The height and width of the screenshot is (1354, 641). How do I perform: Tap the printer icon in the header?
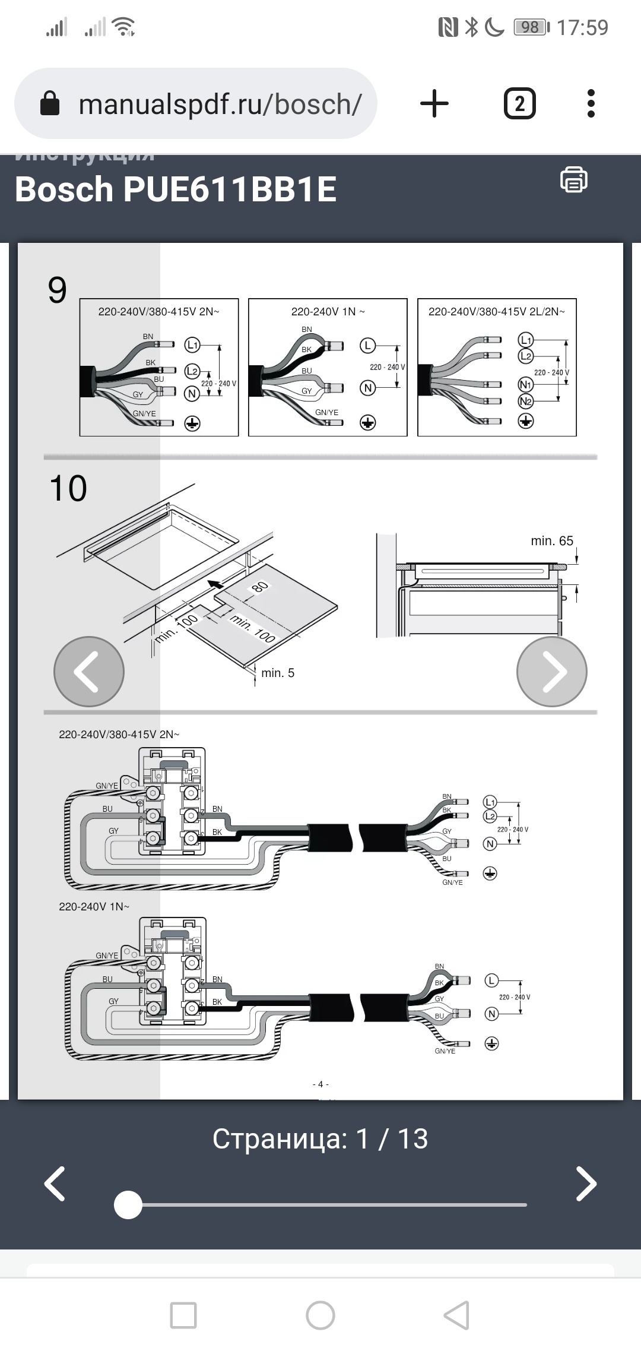pyautogui.click(x=573, y=179)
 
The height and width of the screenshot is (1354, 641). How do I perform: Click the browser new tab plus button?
pyautogui.click(x=434, y=103)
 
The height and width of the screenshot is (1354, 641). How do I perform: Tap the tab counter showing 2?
pyautogui.click(x=519, y=103)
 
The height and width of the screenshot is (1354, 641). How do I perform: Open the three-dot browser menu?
pyautogui.click(x=591, y=103)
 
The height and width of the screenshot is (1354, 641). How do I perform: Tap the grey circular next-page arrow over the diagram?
pyautogui.click(x=551, y=672)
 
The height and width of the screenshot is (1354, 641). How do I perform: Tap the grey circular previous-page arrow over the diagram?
pyautogui.click(x=89, y=672)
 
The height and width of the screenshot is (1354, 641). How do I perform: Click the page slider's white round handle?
pyautogui.click(x=128, y=1205)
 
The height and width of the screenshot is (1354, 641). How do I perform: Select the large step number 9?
pyautogui.click(x=58, y=290)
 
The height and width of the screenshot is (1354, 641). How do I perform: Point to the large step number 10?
pyautogui.click(x=68, y=488)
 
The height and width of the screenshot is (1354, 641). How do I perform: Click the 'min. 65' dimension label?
pyautogui.click(x=551, y=541)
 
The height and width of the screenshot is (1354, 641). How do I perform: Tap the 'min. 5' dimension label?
pyautogui.click(x=278, y=673)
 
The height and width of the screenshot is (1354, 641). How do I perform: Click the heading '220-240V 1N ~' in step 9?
pyautogui.click(x=328, y=311)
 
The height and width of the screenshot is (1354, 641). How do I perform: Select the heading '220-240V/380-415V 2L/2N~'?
pyautogui.click(x=497, y=311)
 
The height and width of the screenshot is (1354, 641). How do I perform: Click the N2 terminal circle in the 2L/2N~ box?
pyautogui.click(x=526, y=401)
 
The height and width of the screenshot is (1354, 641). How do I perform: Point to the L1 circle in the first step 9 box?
pyautogui.click(x=192, y=344)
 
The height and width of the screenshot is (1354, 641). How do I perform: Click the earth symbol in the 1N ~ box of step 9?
pyautogui.click(x=368, y=422)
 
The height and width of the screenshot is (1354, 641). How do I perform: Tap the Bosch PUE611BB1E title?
pyautogui.click(x=176, y=189)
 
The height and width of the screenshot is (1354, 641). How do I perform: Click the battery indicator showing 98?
pyautogui.click(x=531, y=27)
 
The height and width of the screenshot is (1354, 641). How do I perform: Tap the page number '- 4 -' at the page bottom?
pyautogui.click(x=320, y=1084)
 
